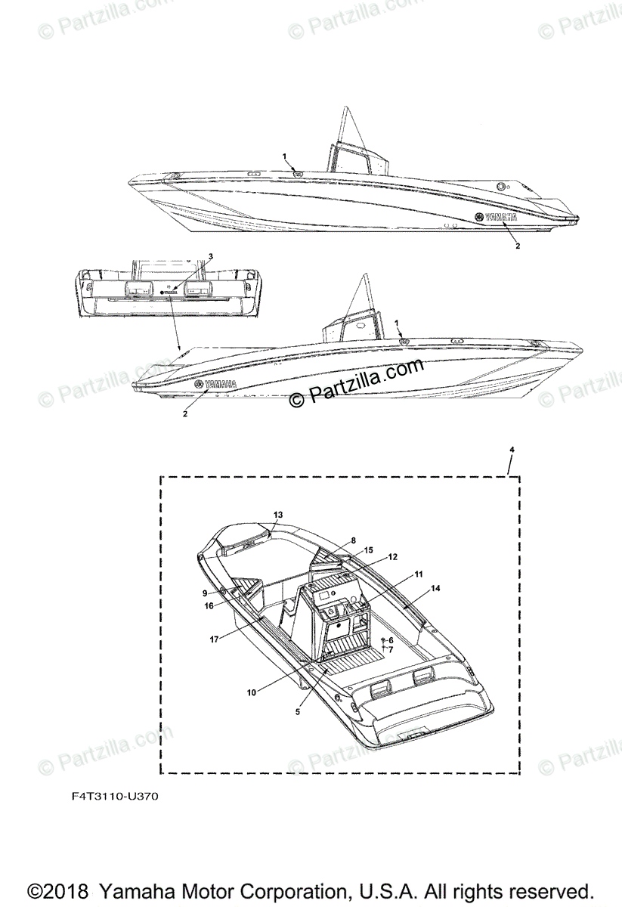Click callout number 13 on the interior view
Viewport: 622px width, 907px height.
click(x=278, y=515)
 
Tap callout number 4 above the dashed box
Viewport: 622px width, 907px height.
click(x=512, y=450)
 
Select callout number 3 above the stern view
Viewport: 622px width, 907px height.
click(x=211, y=256)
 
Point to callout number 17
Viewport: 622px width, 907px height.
click(x=215, y=639)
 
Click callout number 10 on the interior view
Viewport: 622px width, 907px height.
click(x=252, y=691)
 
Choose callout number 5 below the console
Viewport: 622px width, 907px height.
click(x=298, y=711)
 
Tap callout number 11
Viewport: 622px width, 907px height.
click(x=418, y=574)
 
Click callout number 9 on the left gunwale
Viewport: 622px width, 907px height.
click(x=205, y=593)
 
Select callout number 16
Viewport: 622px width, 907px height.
click(x=209, y=605)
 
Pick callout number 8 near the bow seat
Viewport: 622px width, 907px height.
click(x=352, y=541)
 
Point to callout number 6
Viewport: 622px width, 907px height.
click(x=391, y=640)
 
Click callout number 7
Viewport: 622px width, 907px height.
click(x=391, y=649)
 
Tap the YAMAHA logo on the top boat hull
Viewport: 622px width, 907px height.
click(x=496, y=218)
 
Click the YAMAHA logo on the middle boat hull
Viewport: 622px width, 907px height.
click(x=217, y=384)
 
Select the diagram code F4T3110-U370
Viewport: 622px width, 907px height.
click(x=116, y=797)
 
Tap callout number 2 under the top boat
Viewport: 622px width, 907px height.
click(x=518, y=246)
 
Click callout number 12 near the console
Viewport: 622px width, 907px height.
click(x=393, y=557)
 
